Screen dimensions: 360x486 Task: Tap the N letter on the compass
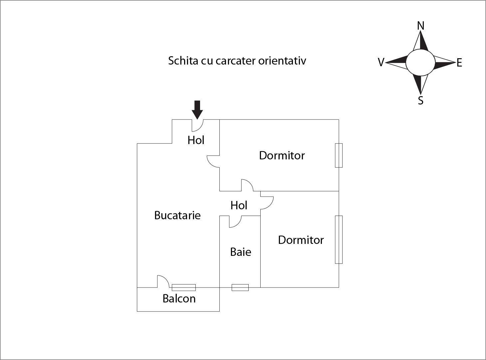[421, 26]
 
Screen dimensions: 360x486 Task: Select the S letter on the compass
[421, 100]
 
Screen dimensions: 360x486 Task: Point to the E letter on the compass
[459, 63]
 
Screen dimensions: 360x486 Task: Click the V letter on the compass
[381, 63]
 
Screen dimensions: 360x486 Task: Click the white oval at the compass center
[420, 62]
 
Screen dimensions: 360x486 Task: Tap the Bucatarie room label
[177, 216]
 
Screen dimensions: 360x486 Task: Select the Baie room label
[240, 252]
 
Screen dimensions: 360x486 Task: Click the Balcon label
[179, 299]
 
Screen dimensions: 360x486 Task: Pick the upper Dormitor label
[282, 155]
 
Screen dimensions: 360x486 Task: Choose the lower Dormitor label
[301, 240]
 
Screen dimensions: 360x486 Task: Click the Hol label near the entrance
[196, 140]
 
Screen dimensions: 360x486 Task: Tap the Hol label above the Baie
[239, 205]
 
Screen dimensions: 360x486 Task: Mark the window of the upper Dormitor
[339, 155]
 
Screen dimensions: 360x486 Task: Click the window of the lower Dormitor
[339, 240]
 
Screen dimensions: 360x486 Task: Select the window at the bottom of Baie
[240, 287]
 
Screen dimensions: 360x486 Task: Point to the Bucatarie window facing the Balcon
[183, 287]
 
